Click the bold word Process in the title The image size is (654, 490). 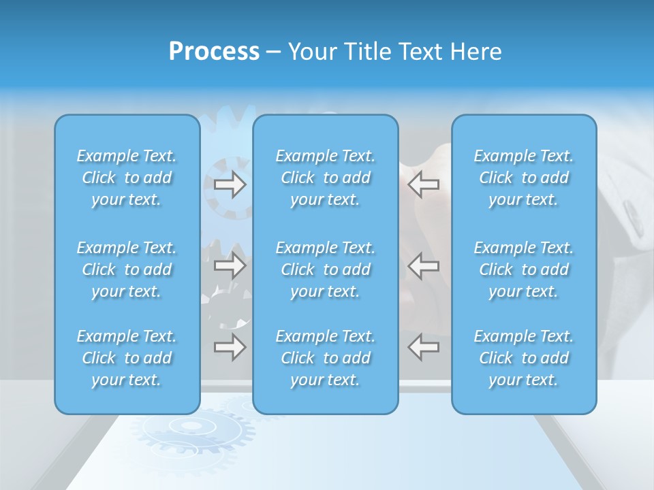(x=214, y=52)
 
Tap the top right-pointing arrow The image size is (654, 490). (x=230, y=184)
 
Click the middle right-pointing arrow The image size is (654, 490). (x=230, y=265)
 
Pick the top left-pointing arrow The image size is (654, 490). (x=424, y=184)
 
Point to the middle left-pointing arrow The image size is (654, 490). (x=424, y=265)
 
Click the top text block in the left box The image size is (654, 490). (x=127, y=178)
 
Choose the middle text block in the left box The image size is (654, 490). (x=127, y=269)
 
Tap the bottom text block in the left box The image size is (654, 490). (x=127, y=358)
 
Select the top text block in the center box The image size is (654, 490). (x=326, y=178)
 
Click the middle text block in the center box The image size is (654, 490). (x=326, y=269)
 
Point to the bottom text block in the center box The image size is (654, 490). (x=326, y=358)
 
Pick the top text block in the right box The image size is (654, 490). (x=524, y=178)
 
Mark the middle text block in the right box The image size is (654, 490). (x=524, y=269)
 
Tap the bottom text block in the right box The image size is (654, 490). (x=524, y=358)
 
